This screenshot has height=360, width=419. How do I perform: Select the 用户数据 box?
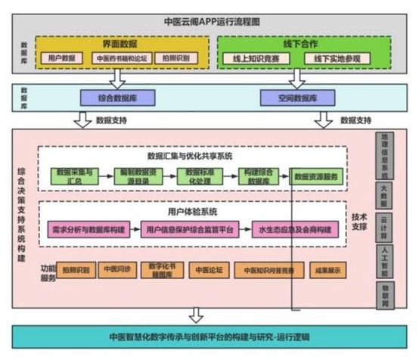coord(61,58)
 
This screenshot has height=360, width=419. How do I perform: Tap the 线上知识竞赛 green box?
coord(250,58)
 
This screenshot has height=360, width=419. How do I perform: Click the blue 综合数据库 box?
coord(117,98)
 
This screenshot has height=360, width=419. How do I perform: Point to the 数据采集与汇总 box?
coord(74,175)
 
